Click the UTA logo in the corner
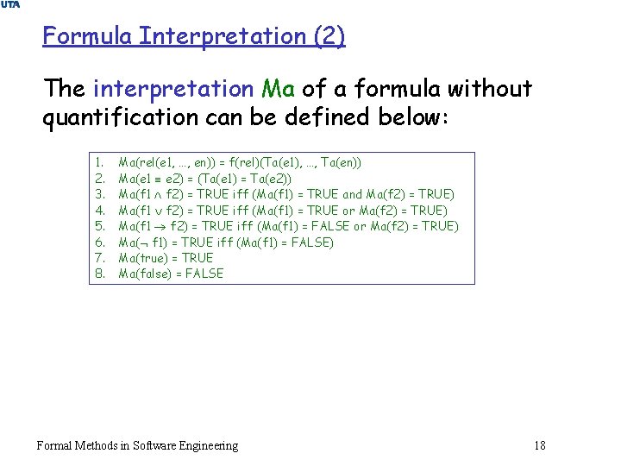point(10,6)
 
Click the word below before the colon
point(405,116)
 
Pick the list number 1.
point(99,162)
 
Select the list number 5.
point(99,226)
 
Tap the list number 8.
point(99,274)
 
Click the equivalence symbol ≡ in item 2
point(155,179)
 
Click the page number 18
point(540,445)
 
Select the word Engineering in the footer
point(205,445)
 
